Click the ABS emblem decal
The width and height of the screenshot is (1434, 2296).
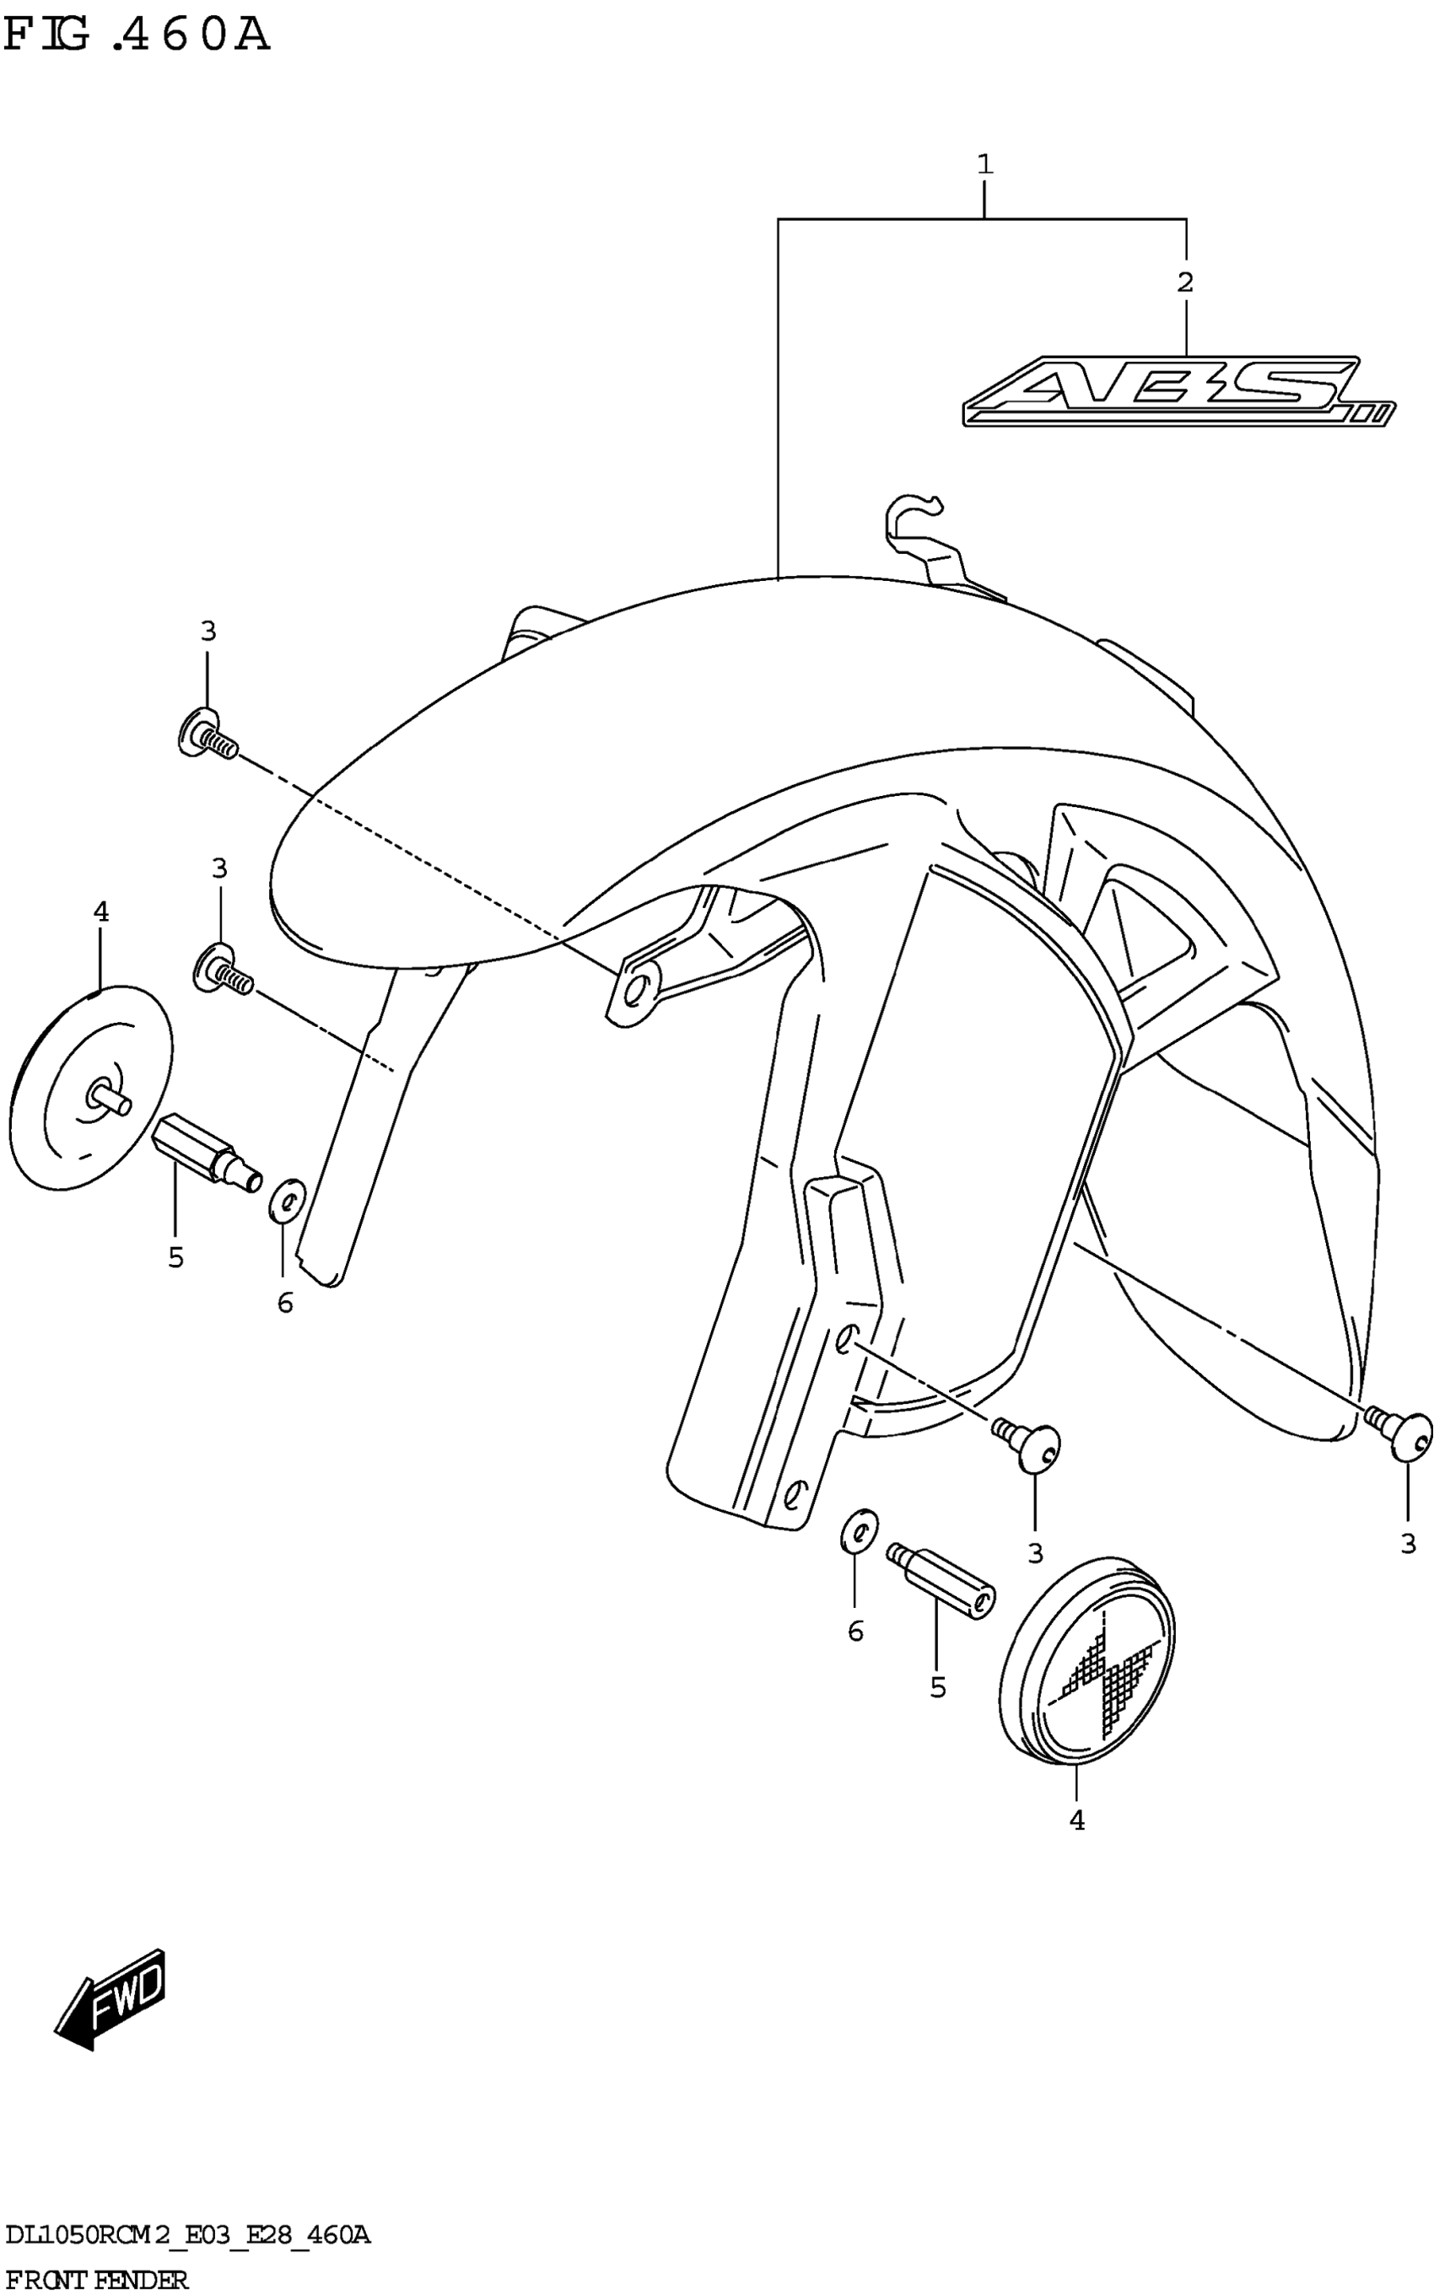pyautogui.click(x=1176, y=391)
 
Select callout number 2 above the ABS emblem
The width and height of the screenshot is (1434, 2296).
pyautogui.click(x=1184, y=282)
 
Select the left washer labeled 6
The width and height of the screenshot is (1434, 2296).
pyautogui.click(x=287, y=1201)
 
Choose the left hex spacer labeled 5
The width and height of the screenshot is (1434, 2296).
pyautogui.click(x=205, y=1148)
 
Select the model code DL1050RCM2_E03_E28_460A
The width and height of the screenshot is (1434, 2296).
pyautogui.click(x=186, y=2235)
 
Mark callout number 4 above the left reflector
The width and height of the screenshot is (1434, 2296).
pyautogui.click(x=100, y=912)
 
